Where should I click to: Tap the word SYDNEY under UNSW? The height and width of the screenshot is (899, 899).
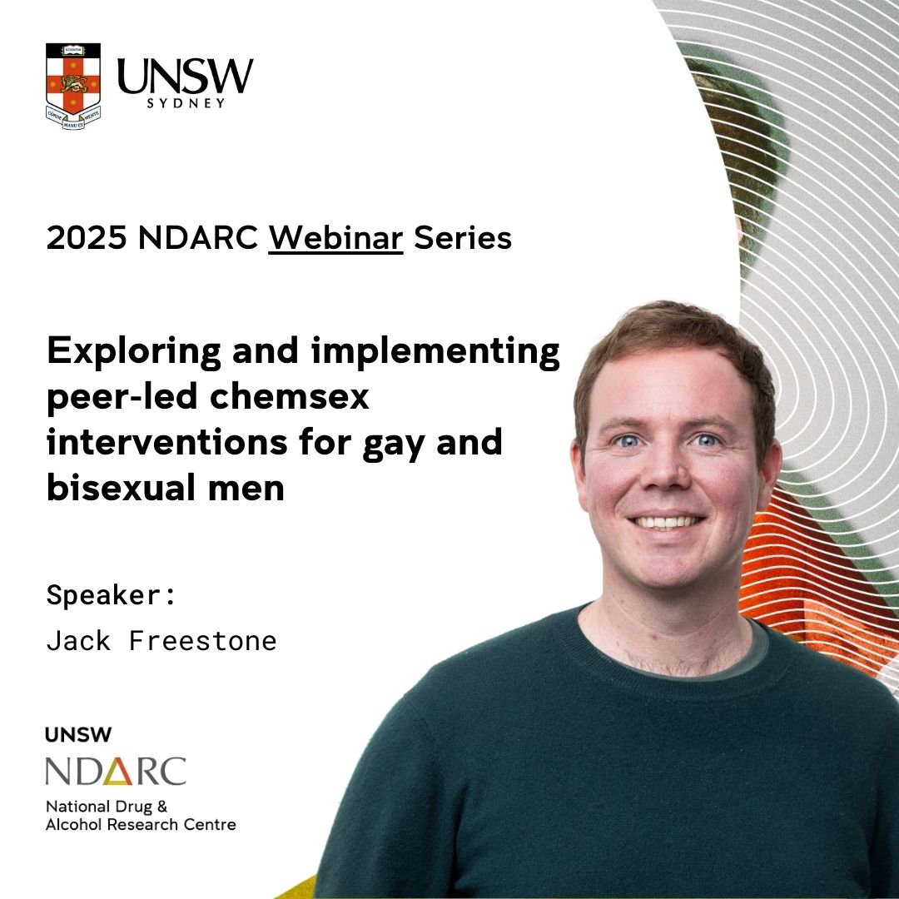point(185,103)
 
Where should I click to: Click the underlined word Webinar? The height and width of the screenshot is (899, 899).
point(335,239)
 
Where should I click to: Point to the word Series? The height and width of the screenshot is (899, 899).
point(463,239)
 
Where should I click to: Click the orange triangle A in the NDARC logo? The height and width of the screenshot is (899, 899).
point(135,771)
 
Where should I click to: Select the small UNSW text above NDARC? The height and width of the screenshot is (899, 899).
point(79,735)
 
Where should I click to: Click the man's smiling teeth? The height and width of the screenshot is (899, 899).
point(668,522)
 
